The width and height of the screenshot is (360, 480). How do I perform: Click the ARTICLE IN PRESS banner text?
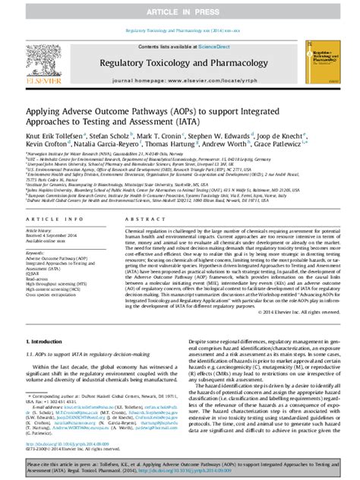tap(180, 7)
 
